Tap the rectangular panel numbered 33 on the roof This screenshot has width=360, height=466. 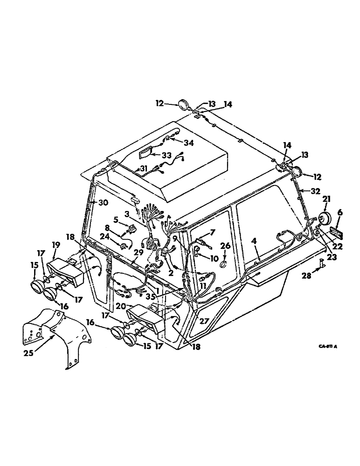click(147, 152)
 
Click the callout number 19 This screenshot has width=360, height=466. click(55, 244)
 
